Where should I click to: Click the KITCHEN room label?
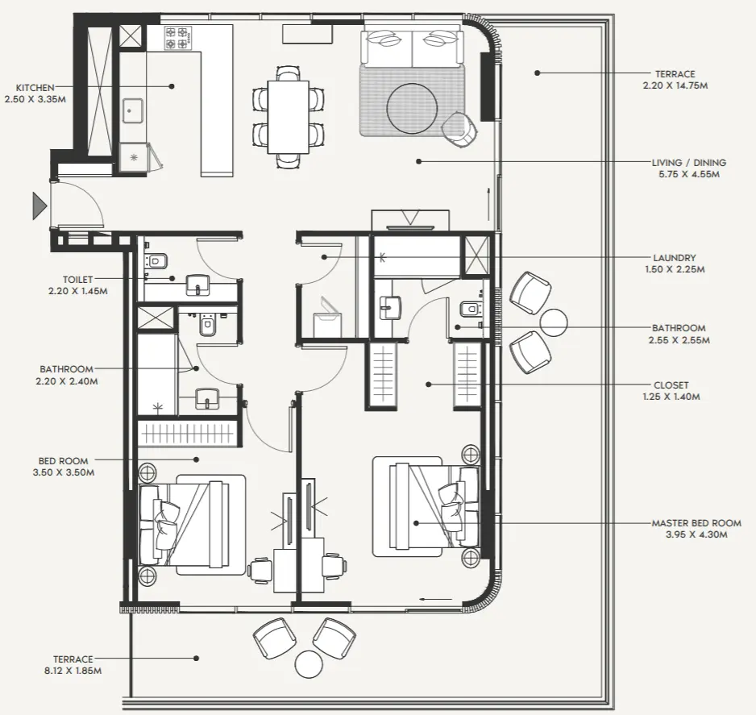(35, 87)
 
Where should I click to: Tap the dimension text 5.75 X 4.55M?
(688, 173)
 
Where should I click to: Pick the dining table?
(288, 117)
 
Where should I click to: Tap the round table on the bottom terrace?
(309, 664)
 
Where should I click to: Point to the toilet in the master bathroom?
(468, 310)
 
